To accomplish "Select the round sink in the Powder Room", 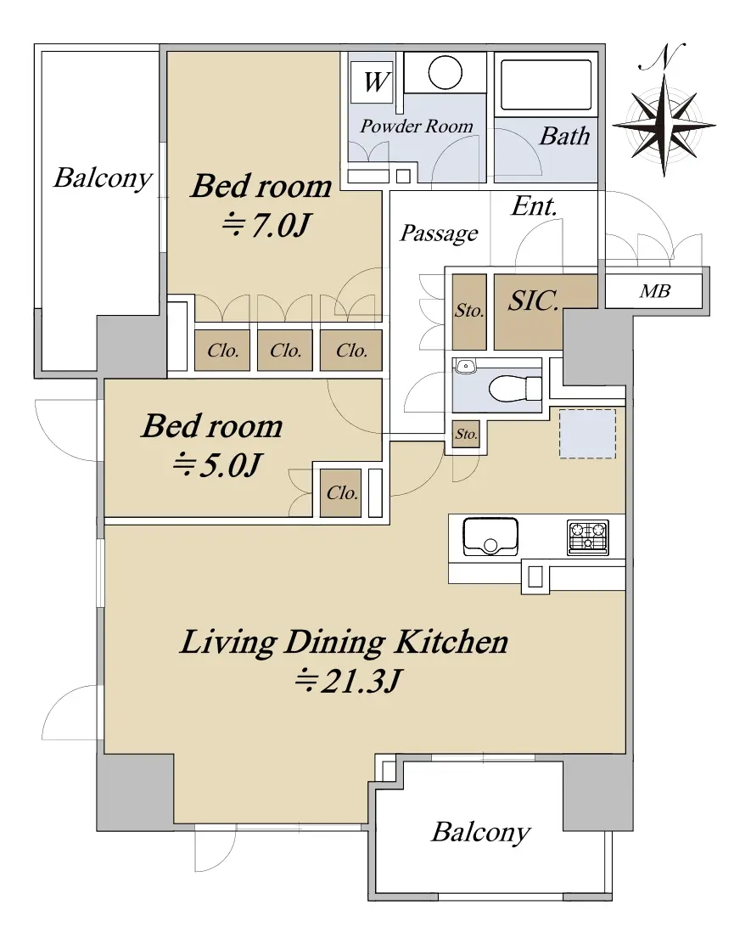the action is coord(446,73).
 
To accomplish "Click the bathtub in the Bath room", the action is coord(546,84).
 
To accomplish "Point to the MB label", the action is coord(655,291).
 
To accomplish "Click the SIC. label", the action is coord(533,301).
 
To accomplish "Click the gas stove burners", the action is coord(588,537).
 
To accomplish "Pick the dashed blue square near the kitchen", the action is coord(588,434).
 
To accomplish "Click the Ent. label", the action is coord(535,206).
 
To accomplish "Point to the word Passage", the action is coord(440,233).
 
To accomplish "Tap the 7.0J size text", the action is coord(267,225).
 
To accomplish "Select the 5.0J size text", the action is coord(217,464).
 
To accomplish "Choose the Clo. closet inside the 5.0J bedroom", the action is coord(340,493).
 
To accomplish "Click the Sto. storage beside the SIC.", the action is coord(469,312).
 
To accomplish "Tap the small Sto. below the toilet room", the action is coord(466,434).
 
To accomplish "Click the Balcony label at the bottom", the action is coord(481,832).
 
